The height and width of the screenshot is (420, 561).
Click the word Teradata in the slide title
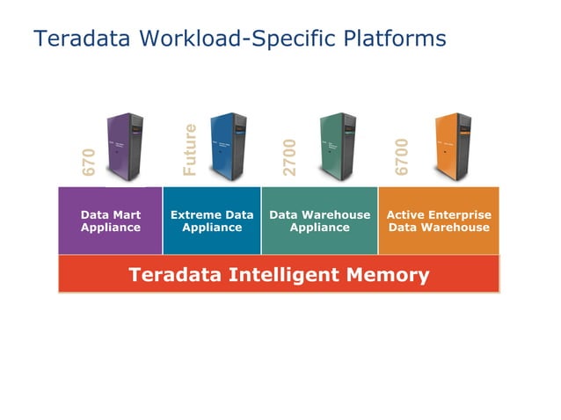click(74, 39)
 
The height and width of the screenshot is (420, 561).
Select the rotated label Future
click(190, 149)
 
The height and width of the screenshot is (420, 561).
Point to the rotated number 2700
click(290, 156)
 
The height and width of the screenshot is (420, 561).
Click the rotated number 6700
click(402, 156)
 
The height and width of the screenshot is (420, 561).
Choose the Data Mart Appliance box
click(111, 221)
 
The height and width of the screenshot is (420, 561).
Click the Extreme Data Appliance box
click(212, 221)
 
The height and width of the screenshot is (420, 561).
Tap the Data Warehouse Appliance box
click(320, 221)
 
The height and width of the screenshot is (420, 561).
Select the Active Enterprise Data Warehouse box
click(439, 221)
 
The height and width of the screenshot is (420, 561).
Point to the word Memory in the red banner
click(390, 275)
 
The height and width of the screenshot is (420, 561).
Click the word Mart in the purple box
click(126, 214)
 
